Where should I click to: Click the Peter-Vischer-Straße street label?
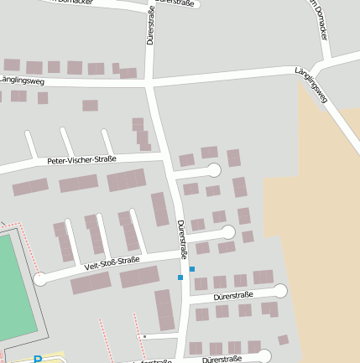click(x=81, y=159)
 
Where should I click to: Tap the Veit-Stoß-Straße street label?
click(x=112, y=263)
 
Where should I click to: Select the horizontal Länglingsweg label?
click(x=23, y=80)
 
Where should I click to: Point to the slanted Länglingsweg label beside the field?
click(x=311, y=87)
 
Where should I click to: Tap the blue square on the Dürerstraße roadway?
click(x=180, y=277)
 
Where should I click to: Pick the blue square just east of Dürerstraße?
click(x=192, y=269)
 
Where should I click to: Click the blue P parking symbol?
click(x=38, y=359)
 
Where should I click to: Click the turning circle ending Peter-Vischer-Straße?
click(x=214, y=170)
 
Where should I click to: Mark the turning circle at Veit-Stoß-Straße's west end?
click(x=40, y=278)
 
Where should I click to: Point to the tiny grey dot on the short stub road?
click(x=144, y=336)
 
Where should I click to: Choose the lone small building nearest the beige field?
click(x=283, y=340)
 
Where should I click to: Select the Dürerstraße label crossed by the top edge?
click(x=175, y=3)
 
